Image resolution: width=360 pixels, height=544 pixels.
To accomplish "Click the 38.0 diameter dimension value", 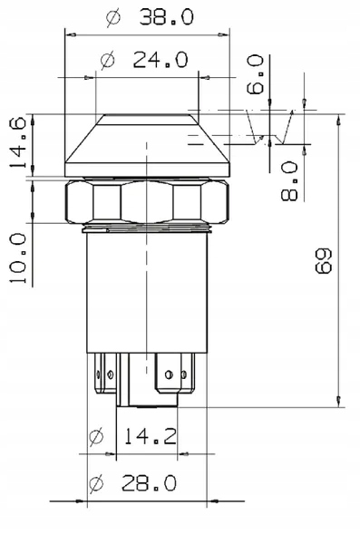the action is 166,17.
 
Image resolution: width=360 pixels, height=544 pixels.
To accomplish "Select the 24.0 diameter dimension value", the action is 161,60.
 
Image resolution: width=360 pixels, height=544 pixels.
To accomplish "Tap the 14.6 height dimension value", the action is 18,142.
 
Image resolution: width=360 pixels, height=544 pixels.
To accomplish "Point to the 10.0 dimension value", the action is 18,257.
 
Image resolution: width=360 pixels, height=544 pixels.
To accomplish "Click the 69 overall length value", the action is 324,261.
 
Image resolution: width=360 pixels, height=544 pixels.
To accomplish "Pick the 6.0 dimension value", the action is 255,74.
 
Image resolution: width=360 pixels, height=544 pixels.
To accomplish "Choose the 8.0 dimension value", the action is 289,180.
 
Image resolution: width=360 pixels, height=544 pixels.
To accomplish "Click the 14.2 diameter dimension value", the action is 151,436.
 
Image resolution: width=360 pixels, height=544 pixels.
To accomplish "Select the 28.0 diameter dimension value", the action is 149,483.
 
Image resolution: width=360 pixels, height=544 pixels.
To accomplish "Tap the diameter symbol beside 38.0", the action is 113,18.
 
